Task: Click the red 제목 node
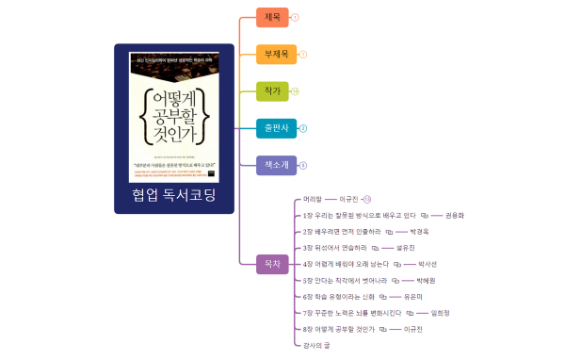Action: [272, 17]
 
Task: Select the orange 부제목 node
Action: [276, 54]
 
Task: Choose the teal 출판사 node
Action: [276, 128]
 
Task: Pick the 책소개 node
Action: [276, 165]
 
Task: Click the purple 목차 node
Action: [272, 264]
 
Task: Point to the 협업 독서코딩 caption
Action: [174, 195]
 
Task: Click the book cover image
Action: [174, 116]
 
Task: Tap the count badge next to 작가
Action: [296, 91]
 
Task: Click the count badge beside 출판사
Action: [303, 128]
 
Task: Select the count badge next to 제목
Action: [296, 17]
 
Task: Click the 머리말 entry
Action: [313, 199]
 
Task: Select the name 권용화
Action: [455, 215]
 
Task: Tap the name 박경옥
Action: [418, 231]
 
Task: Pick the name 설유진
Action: [406, 247]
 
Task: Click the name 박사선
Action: [428, 264]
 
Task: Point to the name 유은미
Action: [412, 296]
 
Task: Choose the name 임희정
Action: [440, 312]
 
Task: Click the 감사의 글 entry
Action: [316, 345]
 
